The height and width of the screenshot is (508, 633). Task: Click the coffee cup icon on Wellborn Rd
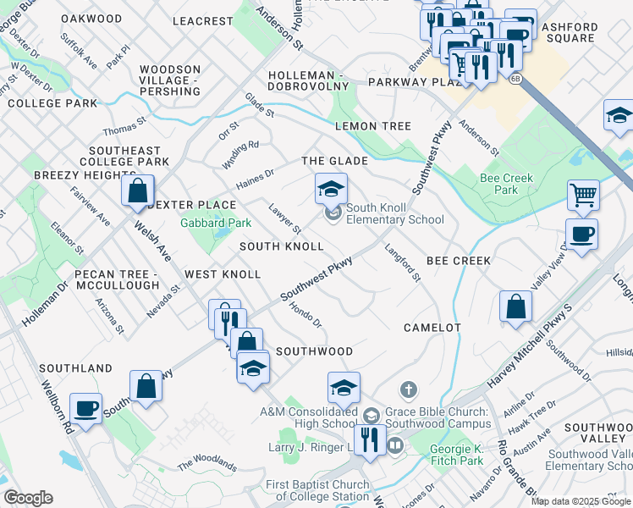click(85, 408)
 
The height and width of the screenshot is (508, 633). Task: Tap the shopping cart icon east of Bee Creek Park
click(583, 195)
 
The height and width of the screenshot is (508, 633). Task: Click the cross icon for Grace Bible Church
click(408, 389)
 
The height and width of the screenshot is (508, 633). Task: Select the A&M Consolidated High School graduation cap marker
click(344, 387)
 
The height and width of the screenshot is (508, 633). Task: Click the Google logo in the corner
click(28, 498)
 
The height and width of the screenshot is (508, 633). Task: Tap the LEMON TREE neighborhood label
click(372, 126)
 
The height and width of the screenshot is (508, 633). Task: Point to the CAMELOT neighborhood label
click(432, 327)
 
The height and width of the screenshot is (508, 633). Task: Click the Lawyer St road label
click(285, 219)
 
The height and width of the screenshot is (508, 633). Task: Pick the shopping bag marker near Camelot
click(515, 307)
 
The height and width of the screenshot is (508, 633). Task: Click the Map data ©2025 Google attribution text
click(580, 501)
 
